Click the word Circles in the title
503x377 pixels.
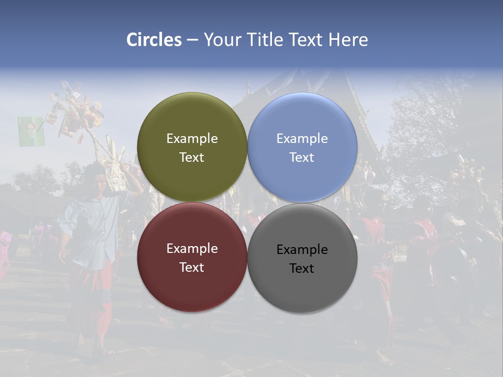(x=154, y=40)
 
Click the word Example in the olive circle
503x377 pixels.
(x=192, y=139)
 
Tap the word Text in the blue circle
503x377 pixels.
(x=302, y=158)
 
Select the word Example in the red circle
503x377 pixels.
(x=192, y=249)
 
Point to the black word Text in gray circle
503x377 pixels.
(x=302, y=269)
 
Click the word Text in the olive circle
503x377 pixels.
(x=192, y=158)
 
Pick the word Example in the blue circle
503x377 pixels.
(x=302, y=139)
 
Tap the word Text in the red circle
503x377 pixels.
(x=192, y=268)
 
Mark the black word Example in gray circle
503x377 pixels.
(x=302, y=250)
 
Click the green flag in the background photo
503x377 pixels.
(x=31, y=131)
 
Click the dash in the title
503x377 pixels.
(x=192, y=40)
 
